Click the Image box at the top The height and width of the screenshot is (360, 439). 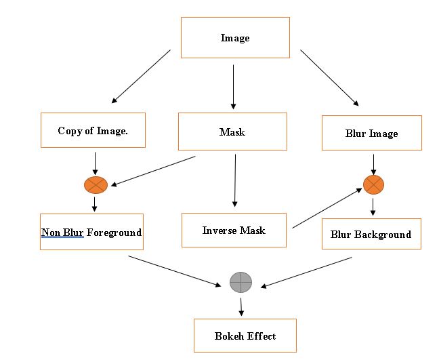point(235,38)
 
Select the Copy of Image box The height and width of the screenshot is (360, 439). point(93,131)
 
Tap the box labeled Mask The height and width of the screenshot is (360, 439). point(232,132)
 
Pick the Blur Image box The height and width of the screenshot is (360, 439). point(371,134)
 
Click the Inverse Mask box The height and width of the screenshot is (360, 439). point(234,231)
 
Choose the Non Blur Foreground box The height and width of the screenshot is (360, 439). point(91,233)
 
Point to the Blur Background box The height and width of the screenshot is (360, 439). point(371,235)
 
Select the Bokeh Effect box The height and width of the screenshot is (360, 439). point(245,336)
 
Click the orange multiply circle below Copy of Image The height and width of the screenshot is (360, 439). point(94,184)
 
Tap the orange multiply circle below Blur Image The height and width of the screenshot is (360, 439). point(373,184)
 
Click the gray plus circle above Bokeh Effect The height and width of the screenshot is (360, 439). point(241,281)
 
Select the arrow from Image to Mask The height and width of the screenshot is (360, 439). point(234,87)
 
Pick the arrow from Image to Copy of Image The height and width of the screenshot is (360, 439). point(141,76)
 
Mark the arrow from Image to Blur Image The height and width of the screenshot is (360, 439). point(329,77)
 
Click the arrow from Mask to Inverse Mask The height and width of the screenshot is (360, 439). point(235,180)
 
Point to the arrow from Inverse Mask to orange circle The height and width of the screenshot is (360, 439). point(327,208)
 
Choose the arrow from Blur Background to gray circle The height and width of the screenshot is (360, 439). point(306,272)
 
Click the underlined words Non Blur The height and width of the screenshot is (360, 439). point(62,233)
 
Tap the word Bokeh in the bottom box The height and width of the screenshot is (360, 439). point(229,336)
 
